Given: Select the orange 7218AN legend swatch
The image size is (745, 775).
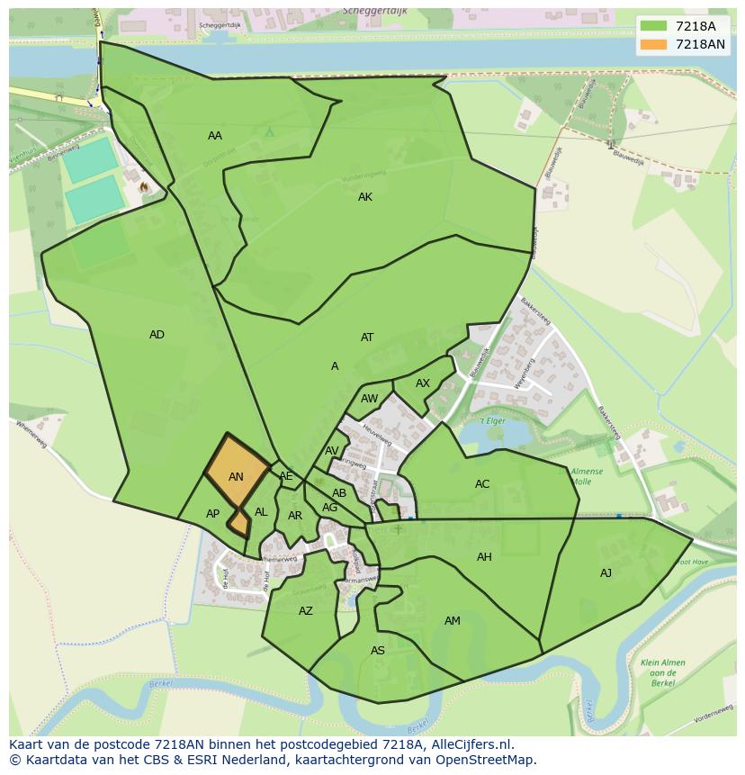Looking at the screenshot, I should click(653, 44).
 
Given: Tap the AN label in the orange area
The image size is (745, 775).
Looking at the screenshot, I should click(236, 477).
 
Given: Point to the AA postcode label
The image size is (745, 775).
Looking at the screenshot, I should click(215, 136).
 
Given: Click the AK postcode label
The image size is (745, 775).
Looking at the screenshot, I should click(365, 197).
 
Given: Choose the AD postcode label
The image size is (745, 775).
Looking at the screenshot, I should click(157, 335).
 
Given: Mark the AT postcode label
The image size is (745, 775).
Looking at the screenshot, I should click(367, 338).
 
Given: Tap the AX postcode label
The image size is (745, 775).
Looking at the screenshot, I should click(423, 383).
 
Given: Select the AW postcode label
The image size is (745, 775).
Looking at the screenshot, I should click(369, 399).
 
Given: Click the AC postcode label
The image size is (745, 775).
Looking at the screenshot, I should click(482, 484).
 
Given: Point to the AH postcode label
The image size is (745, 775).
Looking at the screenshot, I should click(484, 557).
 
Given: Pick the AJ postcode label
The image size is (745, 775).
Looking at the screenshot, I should click(606, 573).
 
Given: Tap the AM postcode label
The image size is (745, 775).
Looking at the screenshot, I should click(453, 621).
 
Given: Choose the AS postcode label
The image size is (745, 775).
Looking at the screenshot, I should click(378, 651).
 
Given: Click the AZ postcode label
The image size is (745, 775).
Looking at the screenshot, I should click(306, 611).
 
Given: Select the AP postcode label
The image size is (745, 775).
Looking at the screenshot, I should click(212, 514).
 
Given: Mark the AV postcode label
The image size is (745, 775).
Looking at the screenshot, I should click(332, 451).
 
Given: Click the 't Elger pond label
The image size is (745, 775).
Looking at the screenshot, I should click(492, 421).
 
